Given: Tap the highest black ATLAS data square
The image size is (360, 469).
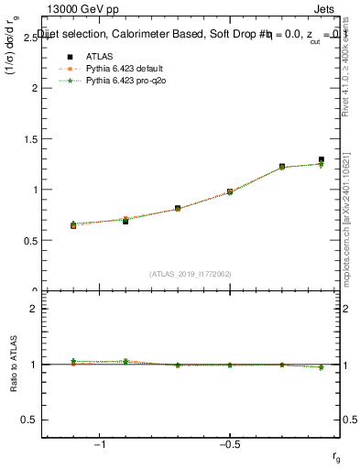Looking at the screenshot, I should coord(322,159).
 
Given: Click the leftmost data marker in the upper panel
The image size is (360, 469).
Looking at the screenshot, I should coord(73,224).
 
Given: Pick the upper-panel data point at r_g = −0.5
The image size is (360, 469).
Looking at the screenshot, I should coord(230,191).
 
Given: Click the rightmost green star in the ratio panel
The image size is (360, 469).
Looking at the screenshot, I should coord(322,367).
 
